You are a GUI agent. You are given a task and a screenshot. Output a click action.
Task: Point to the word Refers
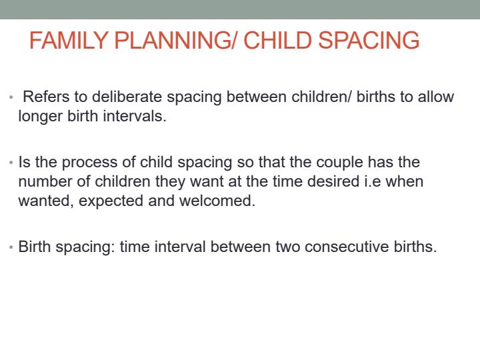45,97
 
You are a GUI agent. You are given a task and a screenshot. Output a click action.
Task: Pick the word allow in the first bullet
436,97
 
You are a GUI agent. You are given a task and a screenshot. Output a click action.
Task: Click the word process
88,163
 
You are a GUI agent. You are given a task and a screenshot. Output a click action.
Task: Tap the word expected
111,201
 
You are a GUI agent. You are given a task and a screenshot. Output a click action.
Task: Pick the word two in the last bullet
289,247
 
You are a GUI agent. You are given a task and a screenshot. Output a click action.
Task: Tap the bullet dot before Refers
11,97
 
